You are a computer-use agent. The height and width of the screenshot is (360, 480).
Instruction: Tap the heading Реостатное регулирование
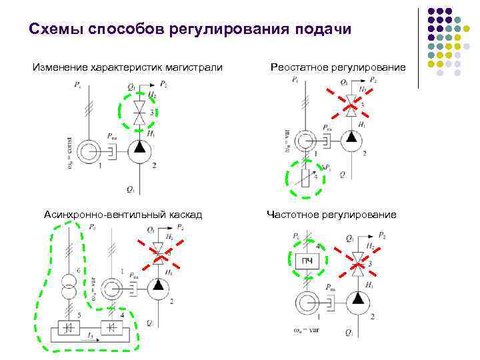[x=338, y=67]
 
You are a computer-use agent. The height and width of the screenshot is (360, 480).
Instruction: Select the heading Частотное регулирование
[x=331, y=214]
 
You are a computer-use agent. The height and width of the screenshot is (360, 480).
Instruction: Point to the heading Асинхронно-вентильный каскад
[x=123, y=214]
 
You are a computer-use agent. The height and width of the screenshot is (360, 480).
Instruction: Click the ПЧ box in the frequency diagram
[x=307, y=260]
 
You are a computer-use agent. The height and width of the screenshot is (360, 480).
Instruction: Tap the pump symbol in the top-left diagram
[x=139, y=148]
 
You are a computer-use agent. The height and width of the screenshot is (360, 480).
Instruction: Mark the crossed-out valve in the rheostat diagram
[x=350, y=103]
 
